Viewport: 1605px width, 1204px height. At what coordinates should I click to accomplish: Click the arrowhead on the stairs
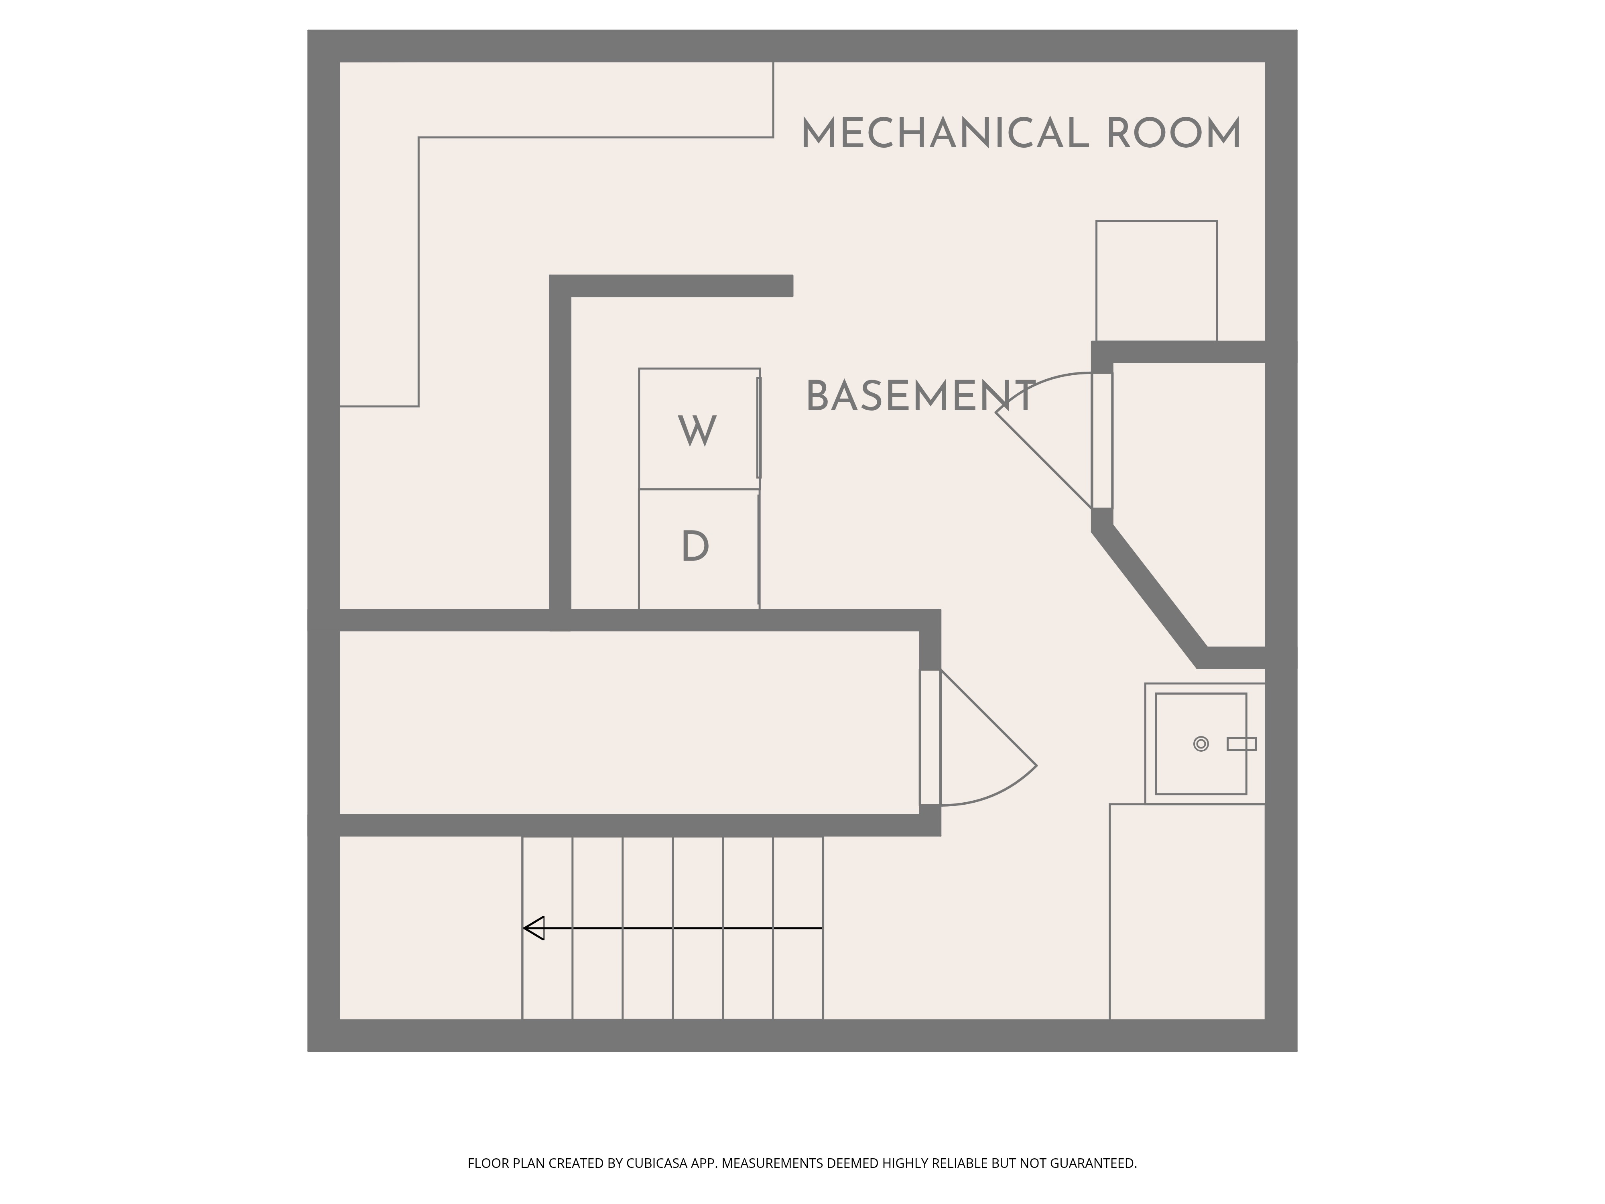coord(533,928)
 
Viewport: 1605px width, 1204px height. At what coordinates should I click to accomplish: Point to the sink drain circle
coord(1201,744)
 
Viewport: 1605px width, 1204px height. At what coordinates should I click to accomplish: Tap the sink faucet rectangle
coord(1241,744)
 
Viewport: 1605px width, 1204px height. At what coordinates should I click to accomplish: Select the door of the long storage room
coord(978,737)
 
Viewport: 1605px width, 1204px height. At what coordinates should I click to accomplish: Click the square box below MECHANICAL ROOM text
coord(1156,281)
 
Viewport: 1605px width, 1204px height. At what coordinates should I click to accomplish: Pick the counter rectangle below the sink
coord(1187,911)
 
